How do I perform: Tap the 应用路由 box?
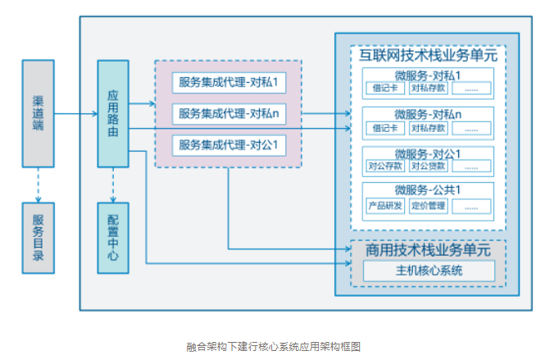[x=113, y=112]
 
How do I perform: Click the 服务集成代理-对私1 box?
[x=229, y=83]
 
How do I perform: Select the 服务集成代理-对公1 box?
[x=229, y=145]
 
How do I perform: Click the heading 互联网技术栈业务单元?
[x=428, y=57]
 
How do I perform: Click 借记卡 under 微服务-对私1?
[x=384, y=89]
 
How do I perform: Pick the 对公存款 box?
[x=384, y=166]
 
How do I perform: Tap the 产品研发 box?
[x=384, y=205]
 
